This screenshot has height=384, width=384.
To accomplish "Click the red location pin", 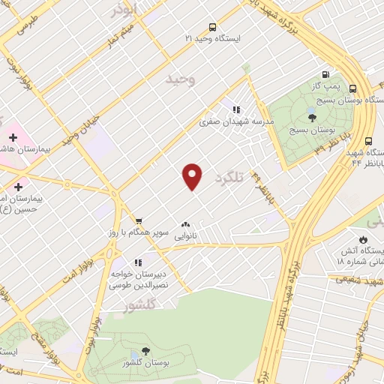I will (193, 175).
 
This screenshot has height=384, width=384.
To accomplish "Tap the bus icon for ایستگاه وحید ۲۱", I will (213, 25).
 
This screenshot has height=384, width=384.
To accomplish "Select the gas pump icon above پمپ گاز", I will (325, 73).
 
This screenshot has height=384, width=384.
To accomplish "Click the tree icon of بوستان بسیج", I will (312, 116).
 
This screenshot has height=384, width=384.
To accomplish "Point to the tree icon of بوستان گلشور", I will (145, 352).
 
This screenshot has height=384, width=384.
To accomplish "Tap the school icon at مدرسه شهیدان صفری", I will (236, 109).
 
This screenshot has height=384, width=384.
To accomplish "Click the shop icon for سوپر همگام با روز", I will (139, 220).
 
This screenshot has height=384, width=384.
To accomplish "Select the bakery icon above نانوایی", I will (185, 223).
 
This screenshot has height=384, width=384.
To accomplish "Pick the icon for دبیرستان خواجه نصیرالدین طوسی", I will (138, 262).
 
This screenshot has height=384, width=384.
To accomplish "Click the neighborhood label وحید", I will (181, 79).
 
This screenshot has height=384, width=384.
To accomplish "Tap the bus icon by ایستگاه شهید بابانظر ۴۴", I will (368, 141).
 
